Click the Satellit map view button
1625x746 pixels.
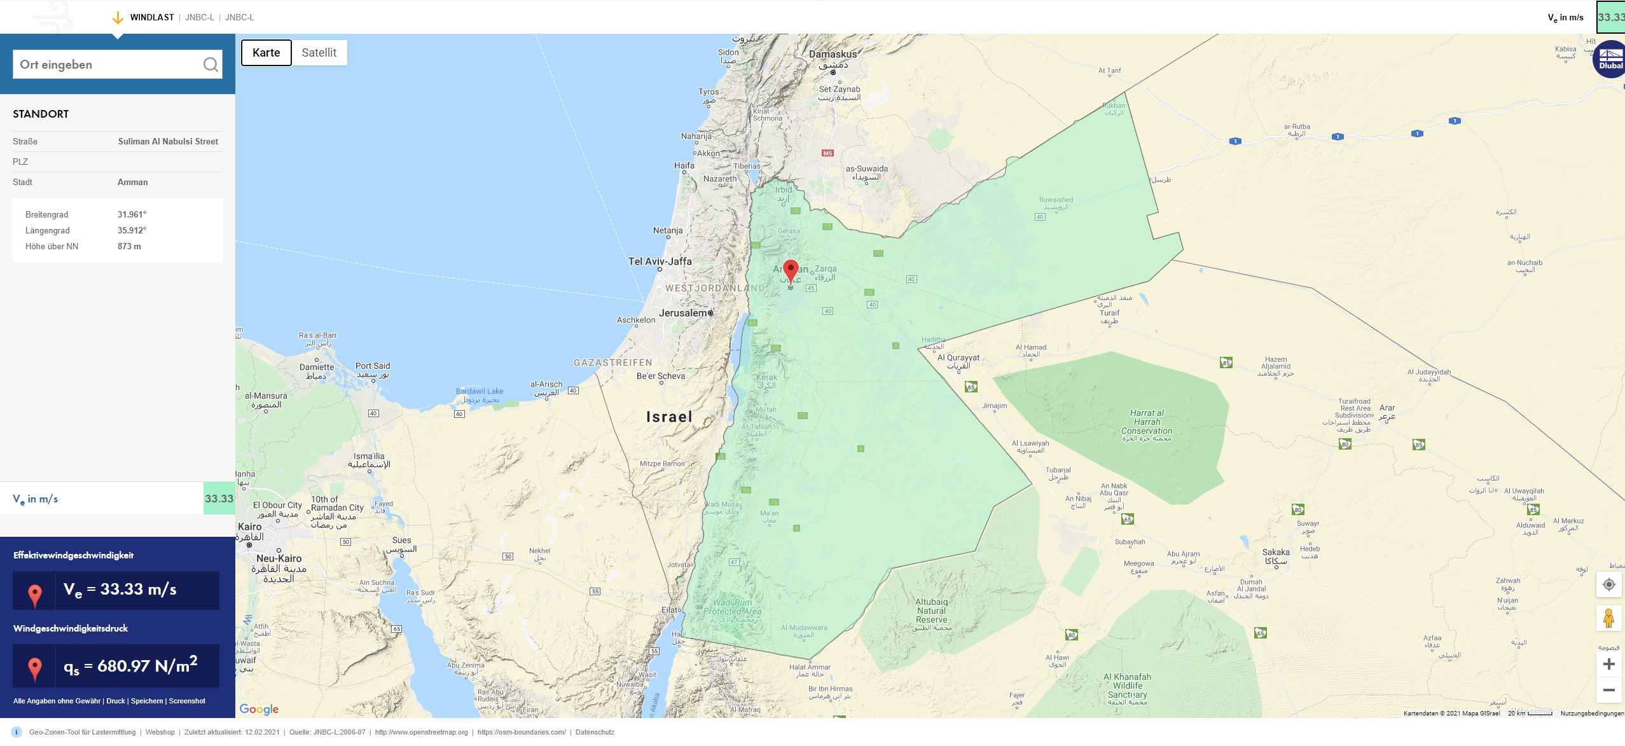(319, 53)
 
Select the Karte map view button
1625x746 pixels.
(266, 53)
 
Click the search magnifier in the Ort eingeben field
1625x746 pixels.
(211, 64)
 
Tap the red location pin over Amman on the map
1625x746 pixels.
(791, 270)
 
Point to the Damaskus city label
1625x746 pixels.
(833, 55)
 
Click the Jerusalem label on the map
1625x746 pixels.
(682, 313)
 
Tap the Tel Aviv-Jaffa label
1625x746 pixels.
(660, 261)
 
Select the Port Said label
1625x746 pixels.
(373, 366)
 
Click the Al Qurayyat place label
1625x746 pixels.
(958, 358)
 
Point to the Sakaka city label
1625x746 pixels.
(1276, 553)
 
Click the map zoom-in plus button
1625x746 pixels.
(1608, 665)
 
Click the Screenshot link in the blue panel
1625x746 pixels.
(187, 701)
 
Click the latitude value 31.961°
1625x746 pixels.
(132, 215)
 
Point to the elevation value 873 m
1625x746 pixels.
(129, 247)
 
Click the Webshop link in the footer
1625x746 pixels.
(160, 732)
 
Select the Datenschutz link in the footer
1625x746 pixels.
(595, 732)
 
